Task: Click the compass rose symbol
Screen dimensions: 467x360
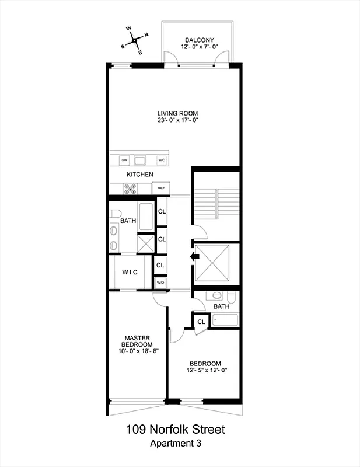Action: [x=135, y=40]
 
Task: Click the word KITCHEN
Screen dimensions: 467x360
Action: [x=140, y=175]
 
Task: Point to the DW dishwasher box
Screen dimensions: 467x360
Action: [x=124, y=159]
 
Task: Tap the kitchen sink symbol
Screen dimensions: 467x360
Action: [x=141, y=159]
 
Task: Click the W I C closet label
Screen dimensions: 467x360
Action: [x=130, y=273]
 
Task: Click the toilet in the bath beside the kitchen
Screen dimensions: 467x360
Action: [x=115, y=213]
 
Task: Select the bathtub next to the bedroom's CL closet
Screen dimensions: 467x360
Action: [x=225, y=320]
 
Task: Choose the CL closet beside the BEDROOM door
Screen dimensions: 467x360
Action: [x=200, y=322]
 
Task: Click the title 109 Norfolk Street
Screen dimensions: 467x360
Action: [x=175, y=430]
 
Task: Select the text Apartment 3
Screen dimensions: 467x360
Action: [x=175, y=444]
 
